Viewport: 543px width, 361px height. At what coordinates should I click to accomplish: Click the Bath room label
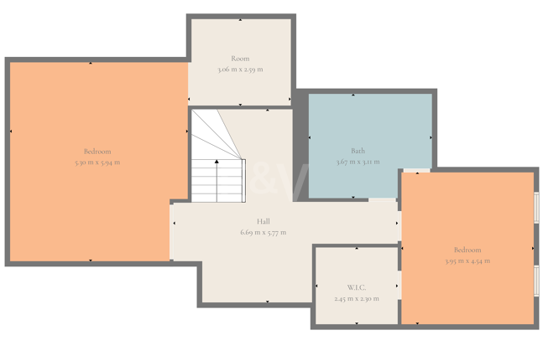pos(358,151)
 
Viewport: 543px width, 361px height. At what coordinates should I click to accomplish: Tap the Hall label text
pos(264,221)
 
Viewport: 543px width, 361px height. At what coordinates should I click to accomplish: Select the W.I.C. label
pos(357,287)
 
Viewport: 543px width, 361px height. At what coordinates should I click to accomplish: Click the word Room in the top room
pos(240,59)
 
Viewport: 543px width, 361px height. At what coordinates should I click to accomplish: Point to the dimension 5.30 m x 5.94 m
pos(97,162)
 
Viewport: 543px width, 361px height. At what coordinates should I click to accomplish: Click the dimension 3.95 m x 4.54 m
pos(467,260)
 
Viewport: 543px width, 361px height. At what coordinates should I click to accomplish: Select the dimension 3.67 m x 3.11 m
pos(358,162)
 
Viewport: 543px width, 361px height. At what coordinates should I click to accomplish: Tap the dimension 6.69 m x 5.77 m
pos(264,233)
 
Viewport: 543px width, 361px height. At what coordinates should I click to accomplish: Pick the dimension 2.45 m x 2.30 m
pos(357,298)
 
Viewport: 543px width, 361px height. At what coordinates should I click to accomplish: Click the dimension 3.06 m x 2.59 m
pos(240,70)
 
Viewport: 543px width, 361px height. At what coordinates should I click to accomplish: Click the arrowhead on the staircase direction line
pos(217,162)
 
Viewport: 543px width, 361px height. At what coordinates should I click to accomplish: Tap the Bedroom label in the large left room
pos(97,152)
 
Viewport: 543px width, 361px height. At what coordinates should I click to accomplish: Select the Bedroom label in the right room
pos(467,250)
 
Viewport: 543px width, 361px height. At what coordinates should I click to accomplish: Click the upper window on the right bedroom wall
pos(536,208)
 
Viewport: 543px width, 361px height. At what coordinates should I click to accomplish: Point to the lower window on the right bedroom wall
pos(536,281)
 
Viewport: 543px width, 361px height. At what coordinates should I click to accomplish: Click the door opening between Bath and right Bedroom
pos(416,170)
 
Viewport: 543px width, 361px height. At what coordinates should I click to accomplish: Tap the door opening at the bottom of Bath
pos(382,200)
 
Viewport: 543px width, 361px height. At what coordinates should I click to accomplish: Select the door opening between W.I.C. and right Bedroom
pos(399,285)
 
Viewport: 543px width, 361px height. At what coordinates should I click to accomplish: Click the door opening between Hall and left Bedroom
pos(171,232)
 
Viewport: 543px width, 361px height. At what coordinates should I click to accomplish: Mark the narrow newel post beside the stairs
pos(243,181)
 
